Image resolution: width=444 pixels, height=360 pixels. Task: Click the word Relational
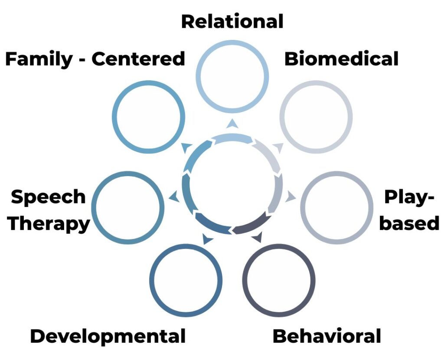232,21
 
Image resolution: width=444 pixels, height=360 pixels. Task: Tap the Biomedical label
341,59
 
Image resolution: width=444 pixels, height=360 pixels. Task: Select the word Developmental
108,337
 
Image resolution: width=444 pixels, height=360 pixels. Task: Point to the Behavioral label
326,337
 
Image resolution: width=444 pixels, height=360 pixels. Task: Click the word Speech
49,197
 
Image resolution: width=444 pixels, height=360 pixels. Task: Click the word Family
39,59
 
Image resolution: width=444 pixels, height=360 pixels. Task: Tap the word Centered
138,59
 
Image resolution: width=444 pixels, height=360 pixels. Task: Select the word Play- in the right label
409,197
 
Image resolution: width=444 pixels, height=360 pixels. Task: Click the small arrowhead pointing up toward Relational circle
233,124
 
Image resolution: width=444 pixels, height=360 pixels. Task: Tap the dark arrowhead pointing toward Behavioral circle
257,237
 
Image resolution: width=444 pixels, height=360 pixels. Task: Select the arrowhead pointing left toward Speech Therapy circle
174,197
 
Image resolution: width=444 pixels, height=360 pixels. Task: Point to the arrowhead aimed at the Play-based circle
290,197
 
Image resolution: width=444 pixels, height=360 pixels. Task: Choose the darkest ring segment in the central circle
249,223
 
